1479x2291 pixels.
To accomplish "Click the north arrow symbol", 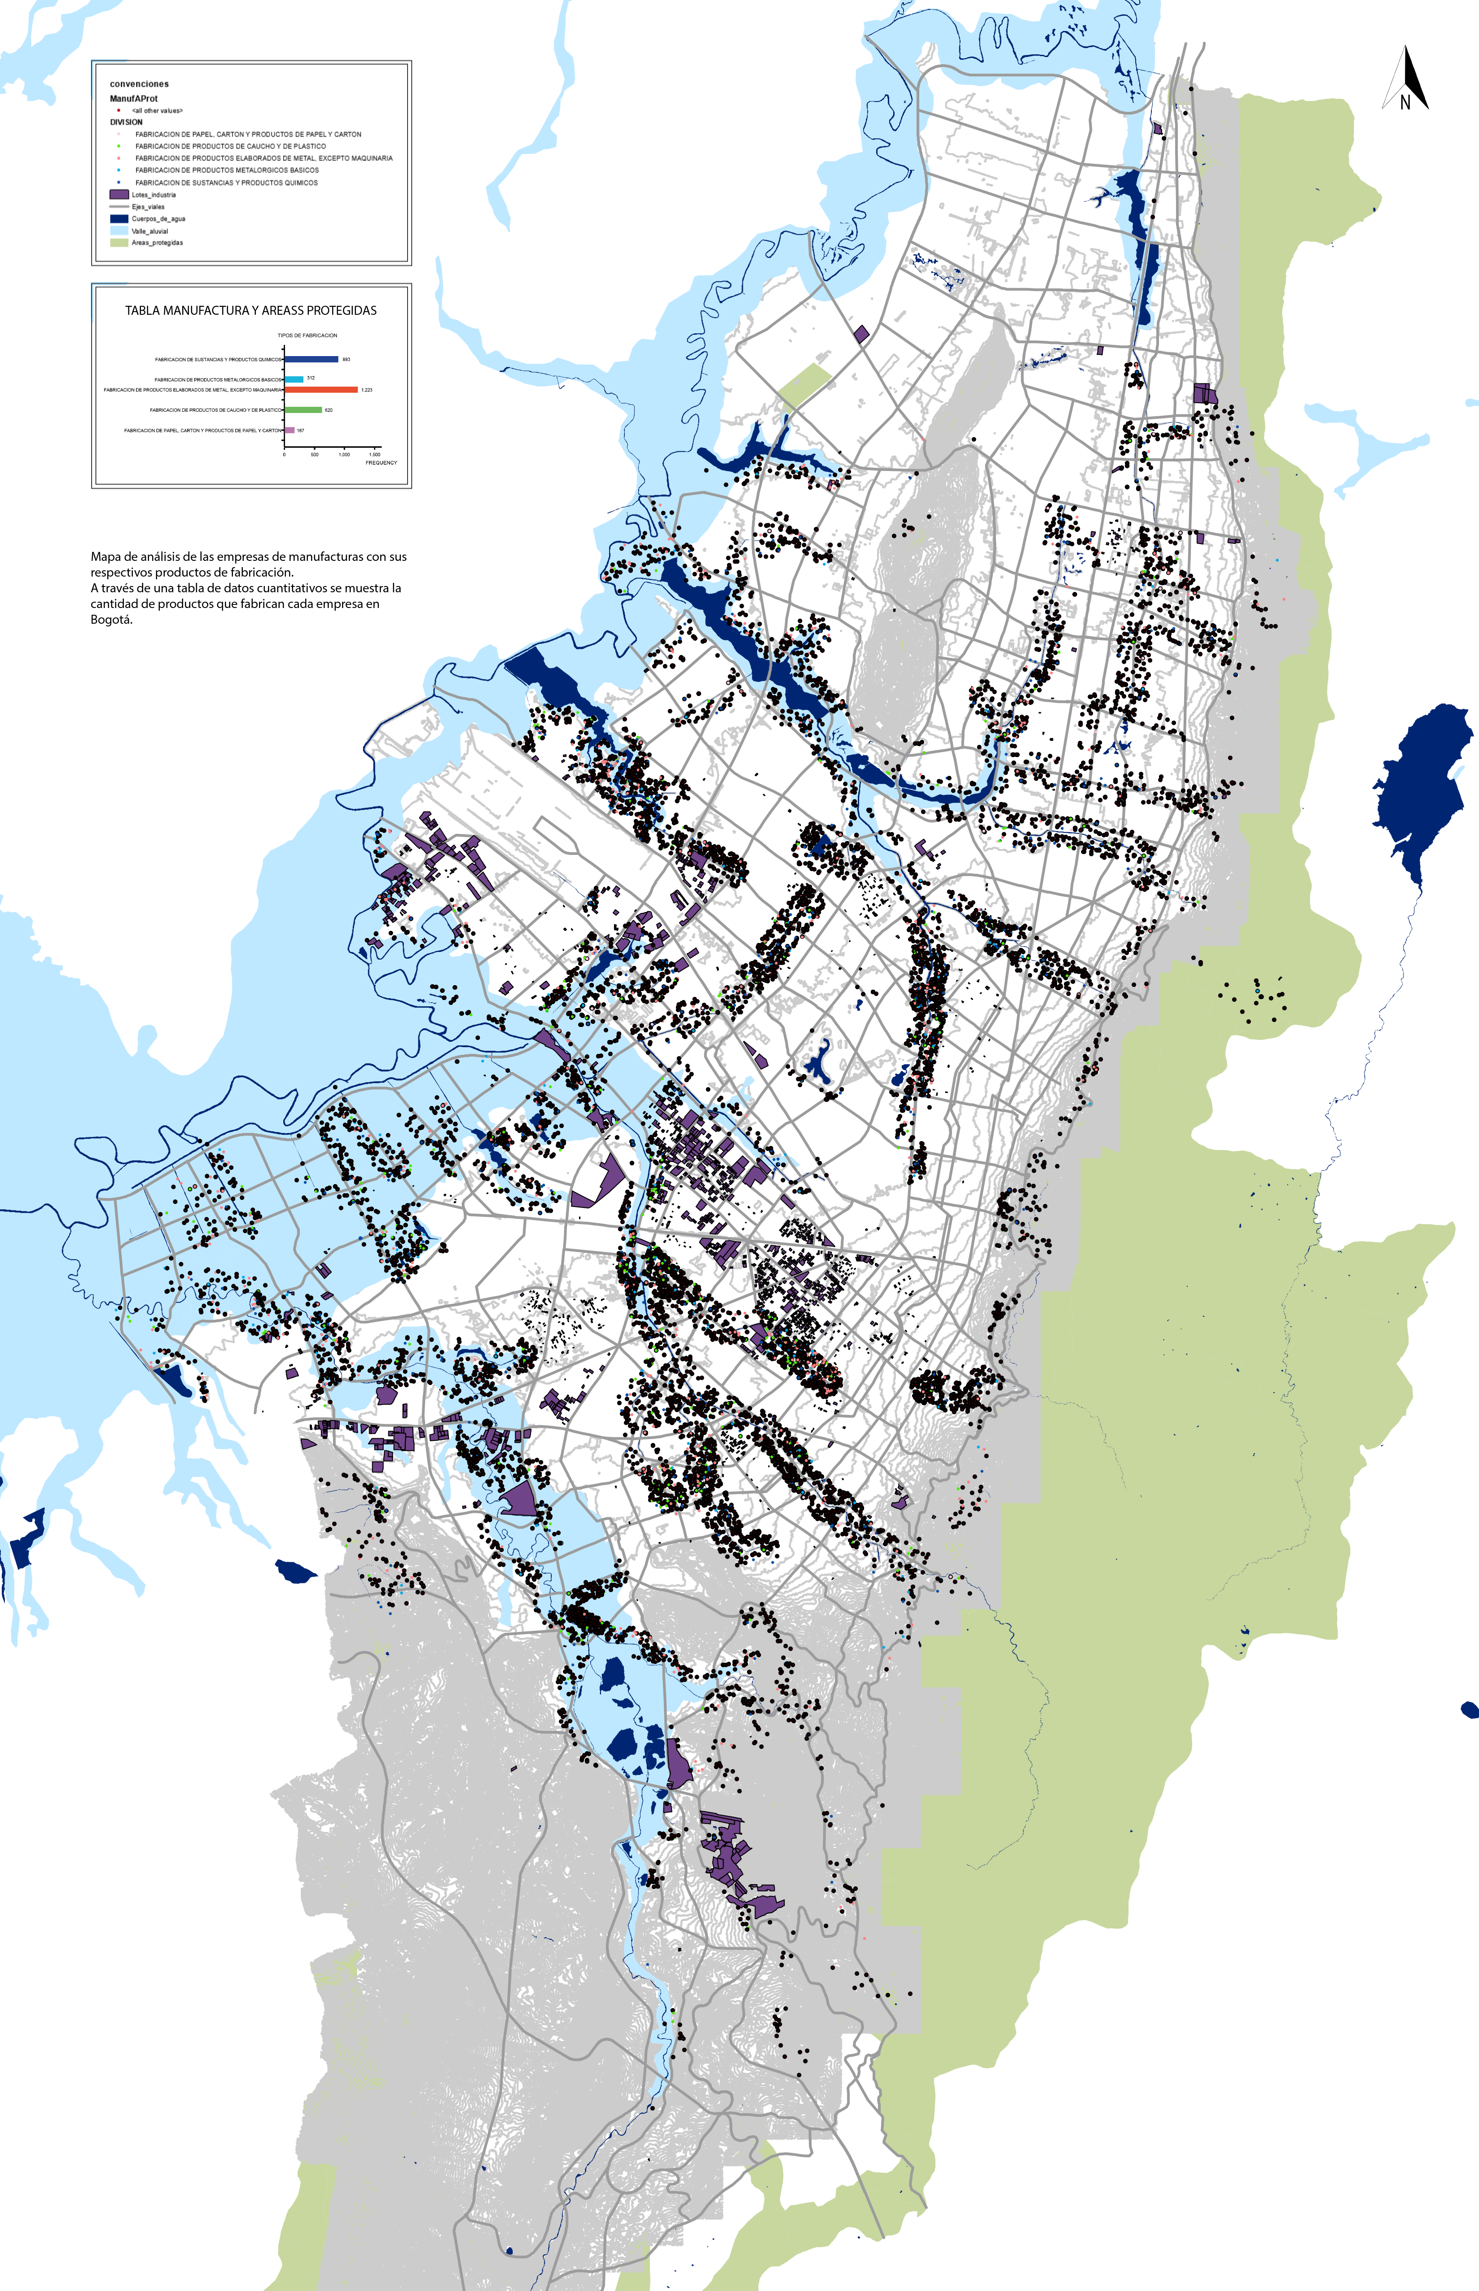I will pos(1405,77).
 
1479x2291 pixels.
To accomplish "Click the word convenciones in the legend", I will pos(139,84).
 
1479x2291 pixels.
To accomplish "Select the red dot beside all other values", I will pos(118,110).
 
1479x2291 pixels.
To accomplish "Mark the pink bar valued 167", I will pos(289,430).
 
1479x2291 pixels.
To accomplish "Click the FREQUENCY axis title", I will pos(381,463).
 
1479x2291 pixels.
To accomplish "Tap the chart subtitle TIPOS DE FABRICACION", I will pos(307,335).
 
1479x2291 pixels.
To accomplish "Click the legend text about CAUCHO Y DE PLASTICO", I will pos(231,146).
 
